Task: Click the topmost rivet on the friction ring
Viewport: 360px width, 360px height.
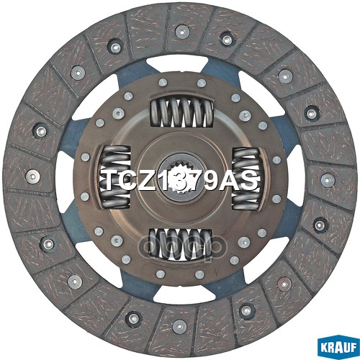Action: coord(181,31)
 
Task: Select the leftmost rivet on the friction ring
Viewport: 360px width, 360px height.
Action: coord(31,175)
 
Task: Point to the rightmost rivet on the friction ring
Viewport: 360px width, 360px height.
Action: coord(328,179)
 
